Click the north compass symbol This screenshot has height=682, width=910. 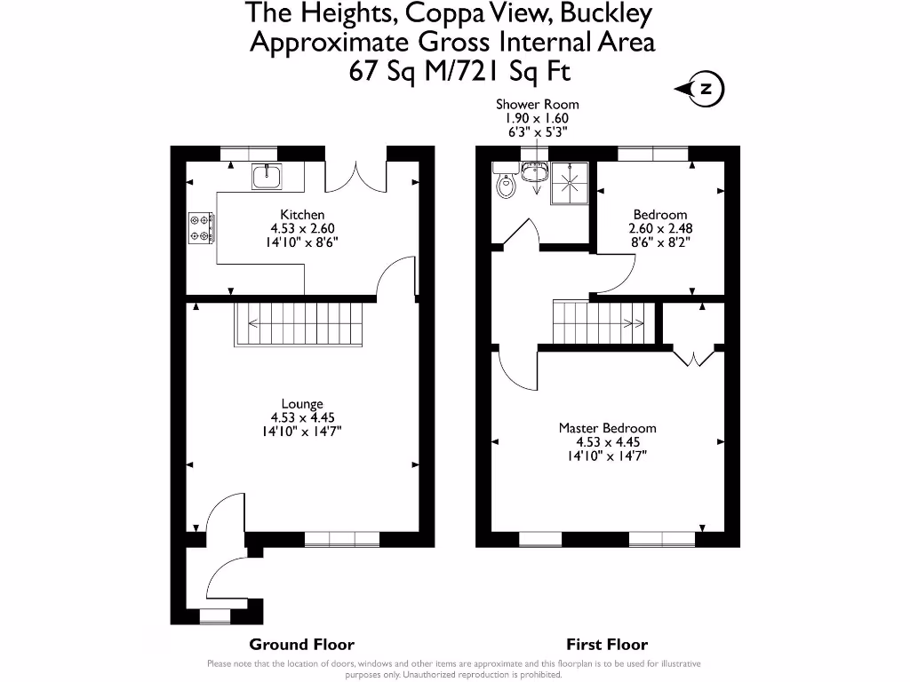(701, 89)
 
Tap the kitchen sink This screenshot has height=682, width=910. (267, 177)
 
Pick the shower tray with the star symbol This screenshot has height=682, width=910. (570, 183)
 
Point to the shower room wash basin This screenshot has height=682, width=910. (534, 172)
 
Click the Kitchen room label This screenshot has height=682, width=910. (302, 215)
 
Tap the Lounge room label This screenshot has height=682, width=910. (302, 404)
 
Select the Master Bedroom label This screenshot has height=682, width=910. (607, 428)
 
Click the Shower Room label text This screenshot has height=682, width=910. (537, 105)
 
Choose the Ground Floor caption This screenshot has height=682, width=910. (302, 645)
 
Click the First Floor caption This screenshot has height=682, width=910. (607, 645)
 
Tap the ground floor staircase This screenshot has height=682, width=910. (299, 324)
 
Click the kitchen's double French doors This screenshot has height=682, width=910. (355, 177)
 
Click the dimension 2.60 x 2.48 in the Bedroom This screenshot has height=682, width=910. (660, 228)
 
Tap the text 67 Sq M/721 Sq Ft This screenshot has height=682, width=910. (459, 72)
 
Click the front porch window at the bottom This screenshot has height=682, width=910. (215, 616)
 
